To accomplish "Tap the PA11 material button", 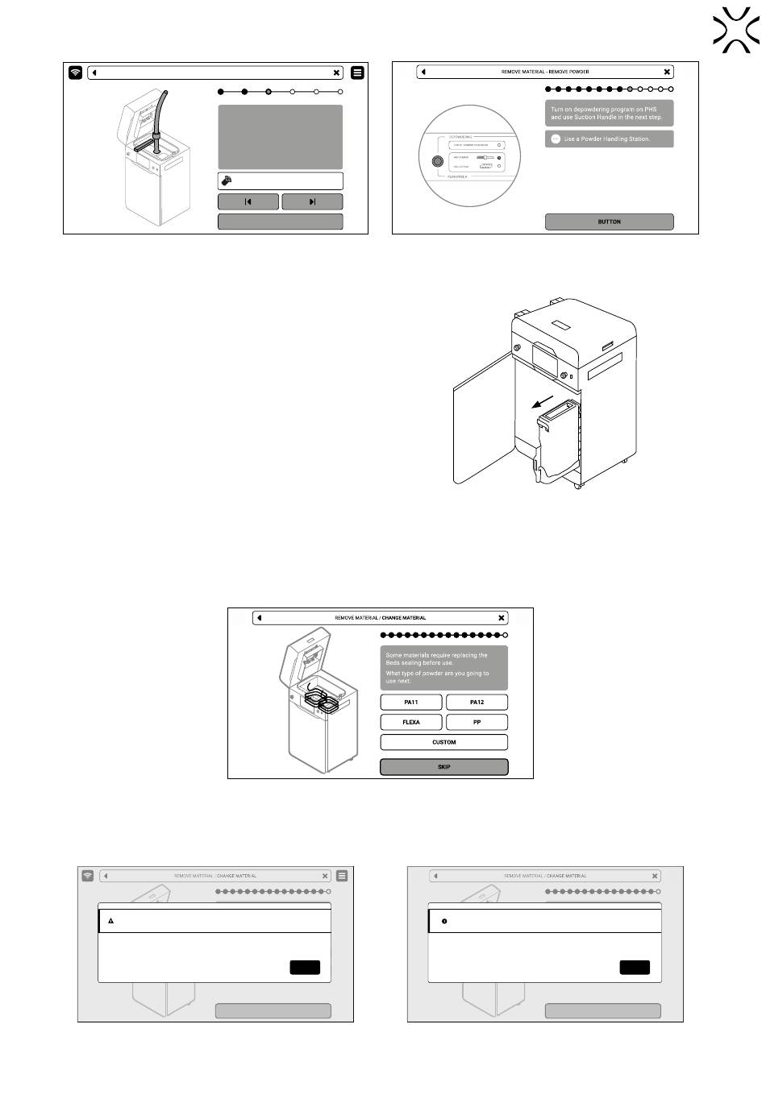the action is coord(411,702).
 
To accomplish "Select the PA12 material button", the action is coord(477,702).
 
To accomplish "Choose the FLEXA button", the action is coord(411,722).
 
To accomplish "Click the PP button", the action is coord(477,722).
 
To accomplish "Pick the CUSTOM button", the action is coord(444,742).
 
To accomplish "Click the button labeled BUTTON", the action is coord(609,222).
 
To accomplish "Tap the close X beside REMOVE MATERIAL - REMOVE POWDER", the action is coord(667,72).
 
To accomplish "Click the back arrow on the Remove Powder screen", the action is coord(424,72).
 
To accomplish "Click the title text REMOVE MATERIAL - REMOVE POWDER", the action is coord(545,72).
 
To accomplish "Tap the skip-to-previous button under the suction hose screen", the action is coord(248,201).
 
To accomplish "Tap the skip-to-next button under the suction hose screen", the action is coord(312,201).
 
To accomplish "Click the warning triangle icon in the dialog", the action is coord(111,920).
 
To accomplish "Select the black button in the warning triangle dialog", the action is coord(305,967).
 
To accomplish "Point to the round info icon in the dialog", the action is coord(444,920).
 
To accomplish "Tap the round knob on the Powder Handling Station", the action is coord(437,161).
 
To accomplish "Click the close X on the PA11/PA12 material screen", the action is coord(502,618).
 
